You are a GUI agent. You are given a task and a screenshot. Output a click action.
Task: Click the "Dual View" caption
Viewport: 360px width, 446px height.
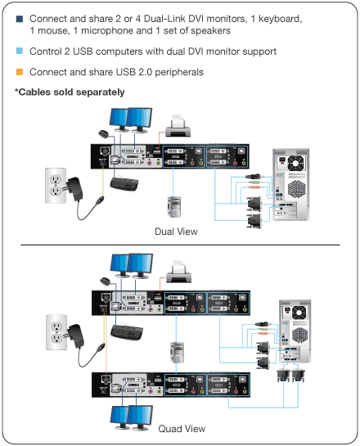pyautogui.click(x=176, y=232)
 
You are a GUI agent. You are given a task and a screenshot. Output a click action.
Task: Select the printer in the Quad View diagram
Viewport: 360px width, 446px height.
pyautogui.click(x=182, y=271)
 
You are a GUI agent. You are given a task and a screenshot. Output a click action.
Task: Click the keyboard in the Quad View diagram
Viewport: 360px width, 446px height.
pyautogui.click(x=129, y=332)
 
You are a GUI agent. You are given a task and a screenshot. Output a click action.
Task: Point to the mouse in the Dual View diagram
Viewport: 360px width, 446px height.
pyautogui.click(x=102, y=133)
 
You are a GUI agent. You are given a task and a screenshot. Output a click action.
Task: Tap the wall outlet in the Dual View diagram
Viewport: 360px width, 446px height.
pyautogui.click(x=55, y=185)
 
